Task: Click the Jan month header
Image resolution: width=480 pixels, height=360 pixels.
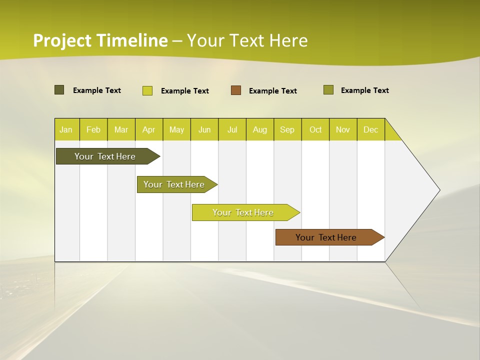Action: pos(66,129)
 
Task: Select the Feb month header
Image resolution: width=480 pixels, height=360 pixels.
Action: pos(93,129)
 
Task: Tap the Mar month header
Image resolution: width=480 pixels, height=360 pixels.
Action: pos(121,129)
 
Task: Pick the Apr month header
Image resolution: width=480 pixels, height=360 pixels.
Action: pos(149,129)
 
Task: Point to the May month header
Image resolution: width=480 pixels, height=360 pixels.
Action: pos(176,129)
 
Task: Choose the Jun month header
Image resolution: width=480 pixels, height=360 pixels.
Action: pos(204,129)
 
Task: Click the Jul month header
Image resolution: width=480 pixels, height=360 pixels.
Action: pos(232,129)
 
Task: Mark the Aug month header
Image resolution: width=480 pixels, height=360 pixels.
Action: pos(260,129)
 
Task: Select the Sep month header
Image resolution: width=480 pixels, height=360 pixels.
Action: pos(287,129)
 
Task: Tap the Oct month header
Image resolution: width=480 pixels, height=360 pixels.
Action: pos(315,129)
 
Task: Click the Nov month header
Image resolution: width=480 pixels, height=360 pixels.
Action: pos(343,129)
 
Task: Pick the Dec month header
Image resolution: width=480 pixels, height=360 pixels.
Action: pos(371,129)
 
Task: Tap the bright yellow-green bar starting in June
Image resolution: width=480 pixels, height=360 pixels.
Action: pos(243,212)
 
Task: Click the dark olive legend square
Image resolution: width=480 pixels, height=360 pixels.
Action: pos(59,90)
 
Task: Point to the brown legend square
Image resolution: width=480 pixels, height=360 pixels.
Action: pos(236,90)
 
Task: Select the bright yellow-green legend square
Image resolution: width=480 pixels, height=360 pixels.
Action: pos(147,90)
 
